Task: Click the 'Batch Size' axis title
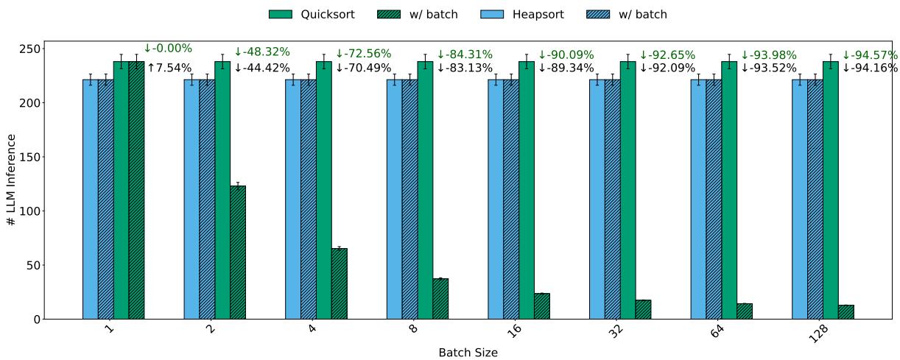pos(468,353)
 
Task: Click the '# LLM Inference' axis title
pos(11,180)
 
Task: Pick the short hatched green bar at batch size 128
pos(845,312)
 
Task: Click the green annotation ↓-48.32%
pos(261,52)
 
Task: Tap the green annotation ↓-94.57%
pos(870,54)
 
